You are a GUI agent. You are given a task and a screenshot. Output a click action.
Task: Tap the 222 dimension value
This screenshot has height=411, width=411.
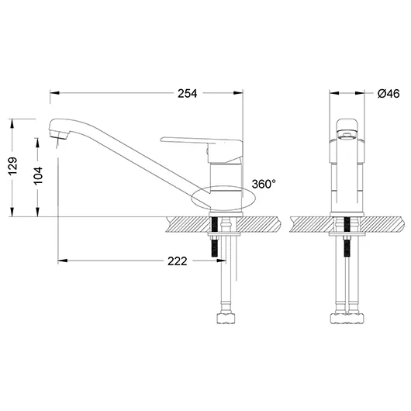click(177, 261)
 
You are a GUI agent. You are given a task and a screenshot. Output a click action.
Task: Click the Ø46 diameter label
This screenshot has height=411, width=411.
click(388, 94)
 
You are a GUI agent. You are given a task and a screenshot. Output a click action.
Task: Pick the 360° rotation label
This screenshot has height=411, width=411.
click(264, 185)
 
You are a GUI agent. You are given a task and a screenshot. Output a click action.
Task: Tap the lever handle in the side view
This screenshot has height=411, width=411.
click(194, 140)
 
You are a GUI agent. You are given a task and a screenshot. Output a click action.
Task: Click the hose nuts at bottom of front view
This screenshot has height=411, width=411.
click(348, 316)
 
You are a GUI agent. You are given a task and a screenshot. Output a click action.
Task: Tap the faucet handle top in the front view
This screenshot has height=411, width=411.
click(348, 125)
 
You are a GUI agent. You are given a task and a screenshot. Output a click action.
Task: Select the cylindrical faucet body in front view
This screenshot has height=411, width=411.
click(348, 174)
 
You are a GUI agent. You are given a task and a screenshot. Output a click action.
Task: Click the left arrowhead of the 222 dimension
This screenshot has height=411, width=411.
click(62, 261)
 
